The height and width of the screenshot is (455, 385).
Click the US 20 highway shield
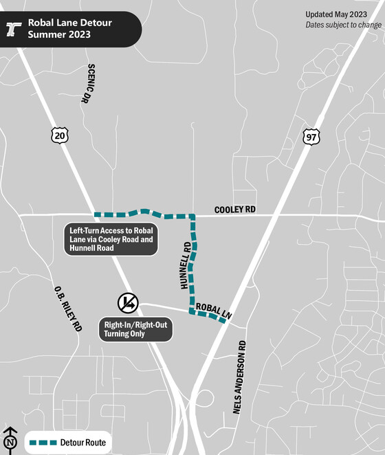pos(59,135)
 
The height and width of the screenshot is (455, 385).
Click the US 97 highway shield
pos(311,136)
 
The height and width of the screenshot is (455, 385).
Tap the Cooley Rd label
pos(234,209)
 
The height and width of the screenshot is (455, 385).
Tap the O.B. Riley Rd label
pos(68,310)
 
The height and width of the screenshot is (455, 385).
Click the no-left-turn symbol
pos(128,302)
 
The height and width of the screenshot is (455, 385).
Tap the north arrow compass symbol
pos(10,439)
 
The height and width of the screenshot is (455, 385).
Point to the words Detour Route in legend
pos(83,443)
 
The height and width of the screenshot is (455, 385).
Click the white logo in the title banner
pos(14,28)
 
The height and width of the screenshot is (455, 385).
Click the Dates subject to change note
pos(344,25)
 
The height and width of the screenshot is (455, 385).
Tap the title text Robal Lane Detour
pos(69,23)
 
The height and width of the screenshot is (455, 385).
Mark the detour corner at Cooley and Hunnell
pos(192,217)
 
